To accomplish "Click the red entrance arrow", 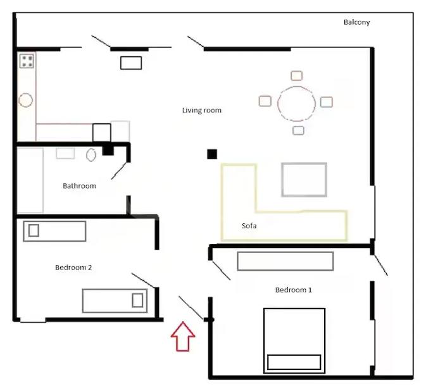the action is [183, 337].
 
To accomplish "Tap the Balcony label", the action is [356, 22].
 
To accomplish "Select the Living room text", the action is [201, 110].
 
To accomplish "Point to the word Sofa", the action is [249, 226].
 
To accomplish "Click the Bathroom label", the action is [79, 186].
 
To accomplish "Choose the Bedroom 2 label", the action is [73, 268].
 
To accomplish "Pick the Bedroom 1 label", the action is [294, 290].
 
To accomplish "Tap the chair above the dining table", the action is [296, 75].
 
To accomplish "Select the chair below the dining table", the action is [298, 130].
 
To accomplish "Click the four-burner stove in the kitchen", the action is [27, 61].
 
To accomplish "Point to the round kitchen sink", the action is [25, 100].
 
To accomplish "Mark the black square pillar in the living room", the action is [212, 154].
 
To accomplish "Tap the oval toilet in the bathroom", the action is [91, 155].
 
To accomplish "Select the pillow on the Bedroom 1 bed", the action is [294, 362].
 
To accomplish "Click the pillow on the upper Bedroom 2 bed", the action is [34, 230].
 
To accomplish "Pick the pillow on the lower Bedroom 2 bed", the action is [137, 300].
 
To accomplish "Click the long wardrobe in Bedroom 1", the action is [285, 261].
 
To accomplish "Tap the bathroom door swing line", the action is [119, 171].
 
